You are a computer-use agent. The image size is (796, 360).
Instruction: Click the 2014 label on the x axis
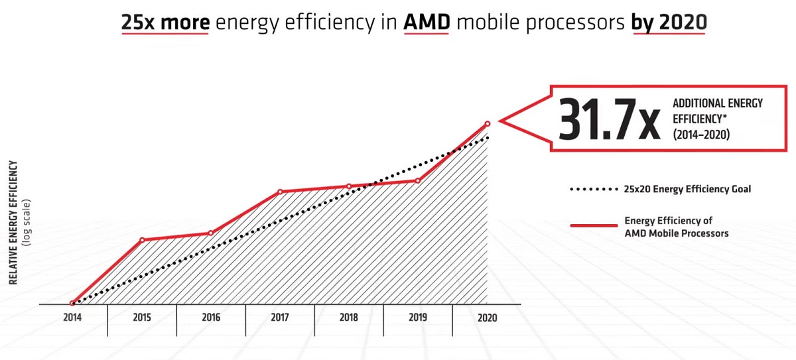(x=72, y=318)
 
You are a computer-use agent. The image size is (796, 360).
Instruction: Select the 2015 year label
(x=141, y=318)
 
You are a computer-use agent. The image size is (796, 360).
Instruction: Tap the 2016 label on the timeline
(x=210, y=318)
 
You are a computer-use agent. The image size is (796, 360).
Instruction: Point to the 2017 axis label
(x=279, y=318)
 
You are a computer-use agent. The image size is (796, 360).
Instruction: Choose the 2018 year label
(x=348, y=318)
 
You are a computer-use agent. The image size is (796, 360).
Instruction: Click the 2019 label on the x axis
(x=417, y=318)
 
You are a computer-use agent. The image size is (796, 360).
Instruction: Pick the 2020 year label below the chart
(x=486, y=318)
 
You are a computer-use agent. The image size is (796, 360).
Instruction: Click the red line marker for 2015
(x=142, y=240)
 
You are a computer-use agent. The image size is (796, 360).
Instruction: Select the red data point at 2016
(x=211, y=233)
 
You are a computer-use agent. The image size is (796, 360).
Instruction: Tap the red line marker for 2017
(x=280, y=192)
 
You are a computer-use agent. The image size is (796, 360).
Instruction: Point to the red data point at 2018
(x=349, y=186)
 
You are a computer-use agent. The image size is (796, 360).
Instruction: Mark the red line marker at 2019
(x=418, y=180)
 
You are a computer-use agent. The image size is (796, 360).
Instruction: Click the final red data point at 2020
(x=488, y=123)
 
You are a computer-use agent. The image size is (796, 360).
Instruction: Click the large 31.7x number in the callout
(x=609, y=119)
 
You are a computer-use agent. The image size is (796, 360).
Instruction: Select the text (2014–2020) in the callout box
(x=701, y=135)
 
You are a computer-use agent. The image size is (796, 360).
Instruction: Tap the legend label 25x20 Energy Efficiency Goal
(x=687, y=190)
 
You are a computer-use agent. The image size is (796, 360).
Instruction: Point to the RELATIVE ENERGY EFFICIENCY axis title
(x=13, y=222)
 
